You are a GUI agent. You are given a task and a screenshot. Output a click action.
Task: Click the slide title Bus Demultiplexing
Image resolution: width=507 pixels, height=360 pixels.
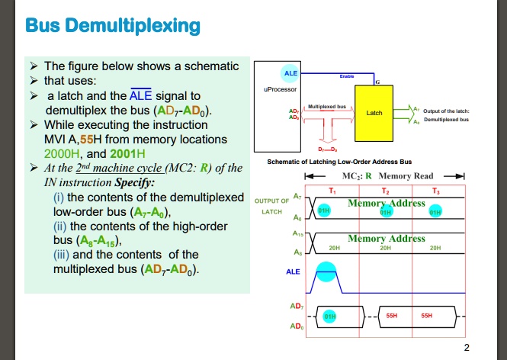(114, 27)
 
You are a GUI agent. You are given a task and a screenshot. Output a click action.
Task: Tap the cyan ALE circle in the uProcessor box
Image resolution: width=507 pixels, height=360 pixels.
(290, 73)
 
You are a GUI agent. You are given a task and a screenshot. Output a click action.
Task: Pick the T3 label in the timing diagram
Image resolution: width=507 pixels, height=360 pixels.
(435, 189)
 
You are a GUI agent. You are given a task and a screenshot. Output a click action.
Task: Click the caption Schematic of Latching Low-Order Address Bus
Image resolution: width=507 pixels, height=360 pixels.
(339, 162)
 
